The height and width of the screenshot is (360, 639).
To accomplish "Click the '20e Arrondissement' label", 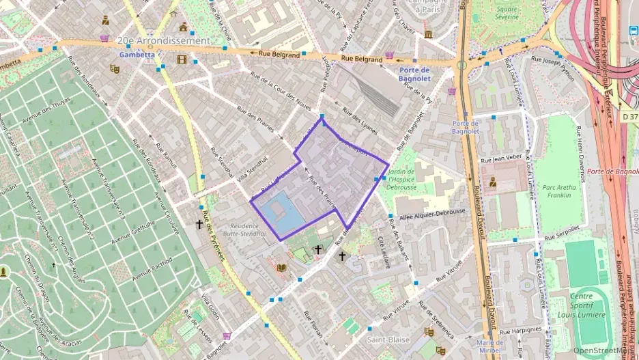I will click(x=163, y=41).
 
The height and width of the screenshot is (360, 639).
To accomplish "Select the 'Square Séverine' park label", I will click(x=507, y=13).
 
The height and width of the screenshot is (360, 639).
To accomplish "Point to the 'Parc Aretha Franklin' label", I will click(x=557, y=191).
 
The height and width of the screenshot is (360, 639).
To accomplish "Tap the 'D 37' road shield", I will click(x=630, y=117).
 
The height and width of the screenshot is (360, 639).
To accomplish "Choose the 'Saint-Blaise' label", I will click(x=388, y=340).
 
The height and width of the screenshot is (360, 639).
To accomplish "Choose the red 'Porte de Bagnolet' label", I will click(x=612, y=171).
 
